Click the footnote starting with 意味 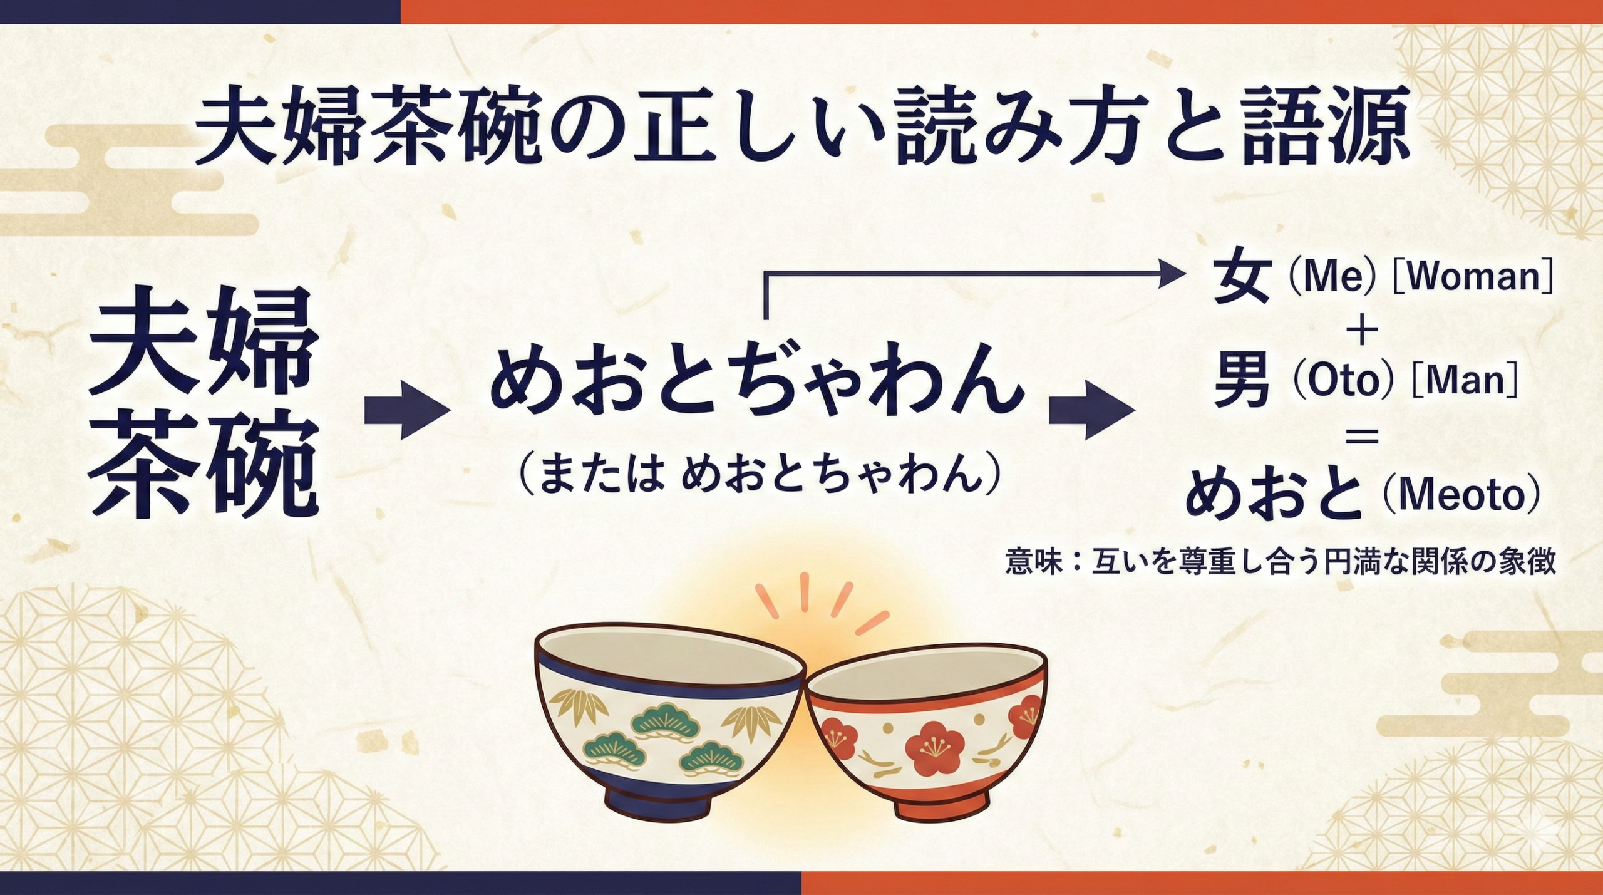pos(1280,562)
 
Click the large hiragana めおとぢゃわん pos(756,382)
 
